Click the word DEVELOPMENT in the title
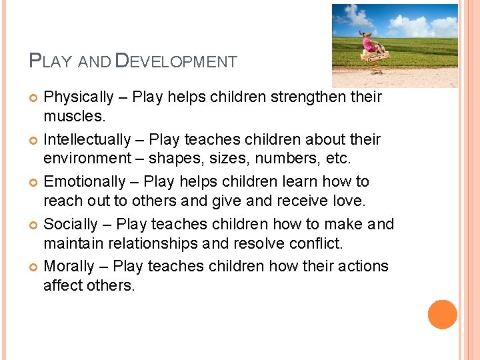click(176, 61)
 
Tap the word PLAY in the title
click(51, 61)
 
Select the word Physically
click(78, 97)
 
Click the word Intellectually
click(87, 140)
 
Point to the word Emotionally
click(84, 182)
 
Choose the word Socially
click(71, 225)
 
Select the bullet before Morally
click(34, 267)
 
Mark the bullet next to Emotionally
click(34, 183)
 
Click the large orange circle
click(443, 315)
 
